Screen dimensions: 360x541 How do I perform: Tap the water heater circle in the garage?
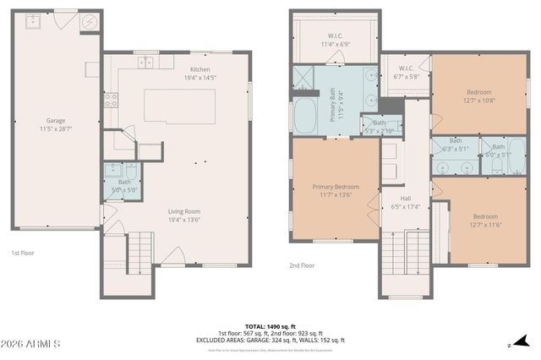click(x=90, y=22)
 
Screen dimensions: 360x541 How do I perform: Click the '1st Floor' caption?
click(x=23, y=253)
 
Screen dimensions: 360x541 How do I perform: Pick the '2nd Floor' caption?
click(x=302, y=265)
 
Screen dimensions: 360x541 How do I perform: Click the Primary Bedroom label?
click(x=336, y=190)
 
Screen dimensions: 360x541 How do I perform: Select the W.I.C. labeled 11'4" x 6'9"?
click(x=335, y=40)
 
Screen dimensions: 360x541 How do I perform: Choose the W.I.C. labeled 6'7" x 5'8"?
click(x=405, y=72)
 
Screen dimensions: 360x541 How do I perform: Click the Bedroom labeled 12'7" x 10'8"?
click(x=479, y=95)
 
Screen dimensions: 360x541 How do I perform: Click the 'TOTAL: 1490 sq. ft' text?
click(x=270, y=325)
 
